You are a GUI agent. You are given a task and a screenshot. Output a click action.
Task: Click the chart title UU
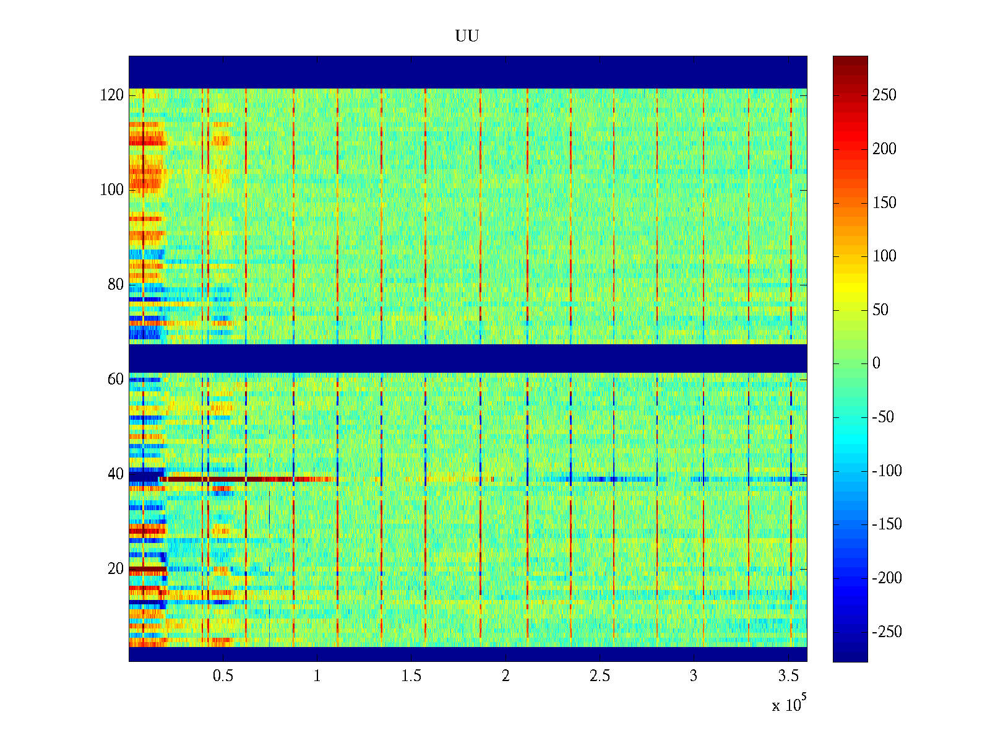pyautogui.click(x=467, y=37)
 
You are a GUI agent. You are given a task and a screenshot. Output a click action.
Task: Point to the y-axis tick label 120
pyautogui.click(x=112, y=95)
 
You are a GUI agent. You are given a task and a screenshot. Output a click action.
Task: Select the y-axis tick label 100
pyautogui.click(x=112, y=189)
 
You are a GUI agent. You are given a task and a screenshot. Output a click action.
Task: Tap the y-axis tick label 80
pyautogui.click(x=116, y=284)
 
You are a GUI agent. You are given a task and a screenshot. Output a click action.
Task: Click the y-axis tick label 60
pyautogui.click(x=116, y=379)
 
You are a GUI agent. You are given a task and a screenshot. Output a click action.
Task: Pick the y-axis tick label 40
pyautogui.click(x=116, y=474)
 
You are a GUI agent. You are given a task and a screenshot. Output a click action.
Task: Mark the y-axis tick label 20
pyautogui.click(x=116, y=568)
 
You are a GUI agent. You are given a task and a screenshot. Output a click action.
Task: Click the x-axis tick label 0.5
pyautogui.click(x=223, y=676)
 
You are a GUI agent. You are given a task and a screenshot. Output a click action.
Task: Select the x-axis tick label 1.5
pyautogui.click(x=411, y=676)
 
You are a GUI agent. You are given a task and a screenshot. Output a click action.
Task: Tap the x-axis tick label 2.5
pyautogui.click(x=600, y=676)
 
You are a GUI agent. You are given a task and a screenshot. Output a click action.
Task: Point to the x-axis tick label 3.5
pyautogui.click(x=788, y=676)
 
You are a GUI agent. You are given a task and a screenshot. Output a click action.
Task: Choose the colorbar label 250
pyautogui.click(x=884, y=95)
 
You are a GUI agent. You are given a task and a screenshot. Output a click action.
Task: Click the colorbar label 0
pyautogui.click(x=876, y=363)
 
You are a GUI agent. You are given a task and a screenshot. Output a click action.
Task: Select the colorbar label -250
pyautogui.click(x=887, y=632)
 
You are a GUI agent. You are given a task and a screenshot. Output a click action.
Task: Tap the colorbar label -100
pyautogui.click(x=887, y=471)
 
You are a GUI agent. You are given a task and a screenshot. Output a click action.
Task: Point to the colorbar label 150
pyautogui.click(x=884, y=202)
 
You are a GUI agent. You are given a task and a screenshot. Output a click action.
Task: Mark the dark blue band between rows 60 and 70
pyautogui.click(x=468, y=358)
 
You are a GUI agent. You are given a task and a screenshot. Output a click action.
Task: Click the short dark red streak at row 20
pyautogui.click(x=147, y=568)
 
